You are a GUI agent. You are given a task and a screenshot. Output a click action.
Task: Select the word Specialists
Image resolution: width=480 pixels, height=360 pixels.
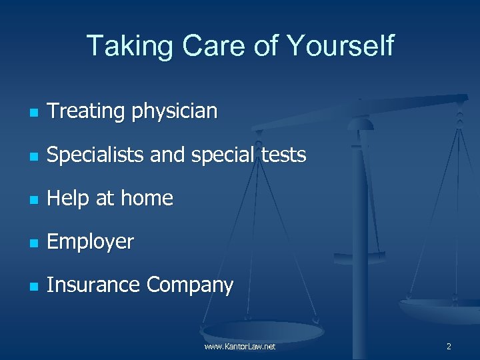coord(96,155)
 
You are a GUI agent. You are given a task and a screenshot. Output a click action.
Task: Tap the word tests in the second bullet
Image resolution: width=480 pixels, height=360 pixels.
coord(282,155)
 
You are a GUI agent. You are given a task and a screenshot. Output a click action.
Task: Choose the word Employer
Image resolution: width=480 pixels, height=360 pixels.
coord(91,242)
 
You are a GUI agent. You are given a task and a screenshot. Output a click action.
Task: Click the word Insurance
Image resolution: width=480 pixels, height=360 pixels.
coord(94,285)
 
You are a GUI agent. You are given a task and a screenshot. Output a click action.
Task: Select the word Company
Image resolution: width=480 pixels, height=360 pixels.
coord(190,286)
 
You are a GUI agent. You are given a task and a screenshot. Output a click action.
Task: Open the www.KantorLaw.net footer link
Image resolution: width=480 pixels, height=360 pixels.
coord(240,347)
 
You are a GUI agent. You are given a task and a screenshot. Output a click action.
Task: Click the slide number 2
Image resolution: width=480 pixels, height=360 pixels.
coord(449,347)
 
